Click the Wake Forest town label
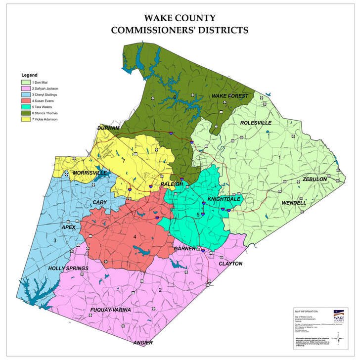229,95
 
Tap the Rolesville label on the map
256,123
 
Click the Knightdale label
224,198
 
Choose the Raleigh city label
172,184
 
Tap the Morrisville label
90,173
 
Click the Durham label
109,128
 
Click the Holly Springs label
68,269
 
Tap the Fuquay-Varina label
110,310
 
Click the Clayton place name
230,264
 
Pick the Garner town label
184,248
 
